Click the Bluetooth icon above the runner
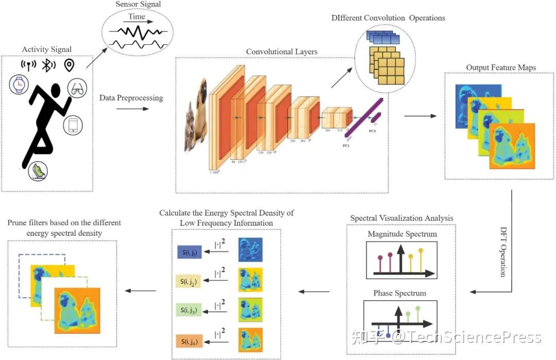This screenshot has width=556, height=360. [49, 65]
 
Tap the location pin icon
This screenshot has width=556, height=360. [69, 65]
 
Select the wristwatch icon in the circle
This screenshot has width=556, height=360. [20, 84]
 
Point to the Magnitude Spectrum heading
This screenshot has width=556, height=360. [402, 234]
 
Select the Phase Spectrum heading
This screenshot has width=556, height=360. [399, 293]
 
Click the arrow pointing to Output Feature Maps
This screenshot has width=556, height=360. [418, 116]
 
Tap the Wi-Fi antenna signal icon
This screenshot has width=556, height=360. [28, 65]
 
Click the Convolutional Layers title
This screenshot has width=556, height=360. [282, 52]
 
